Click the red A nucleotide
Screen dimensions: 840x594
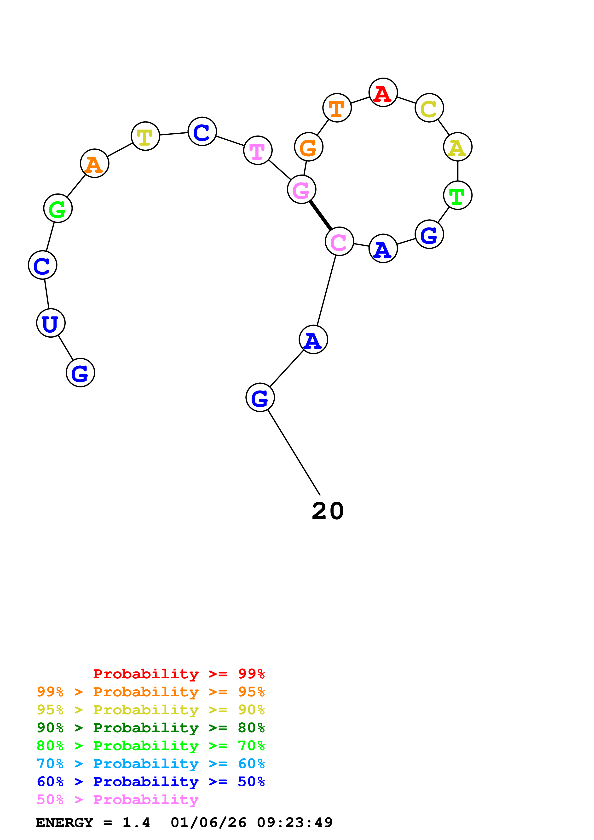click(x=383, y=93)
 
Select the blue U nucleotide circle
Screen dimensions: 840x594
click(x=51, y=323)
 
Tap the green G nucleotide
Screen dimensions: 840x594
click(x=58, y=209)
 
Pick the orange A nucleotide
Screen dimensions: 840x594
click(x=94, y=164)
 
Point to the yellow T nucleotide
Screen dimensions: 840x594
click(x=145, y=136)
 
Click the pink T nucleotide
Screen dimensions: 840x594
click(x=258, y=150)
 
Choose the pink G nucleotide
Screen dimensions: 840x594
click(x=301, y=189)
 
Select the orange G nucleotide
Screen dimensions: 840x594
click(x=309, y=147)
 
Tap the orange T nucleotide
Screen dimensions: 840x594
click(x=337, y=108)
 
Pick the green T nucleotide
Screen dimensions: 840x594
click(x=457, y=195)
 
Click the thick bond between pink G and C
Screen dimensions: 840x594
click(x=321, y=216)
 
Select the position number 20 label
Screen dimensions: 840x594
click(x=328, y=511)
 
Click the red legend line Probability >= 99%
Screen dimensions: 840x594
click(x=179, y=674)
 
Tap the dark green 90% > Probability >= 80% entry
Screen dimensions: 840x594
click(x=150, y=728)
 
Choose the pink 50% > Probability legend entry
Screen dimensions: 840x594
click(x=117, y=800)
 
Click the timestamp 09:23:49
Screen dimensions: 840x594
click(x=295, y=823)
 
